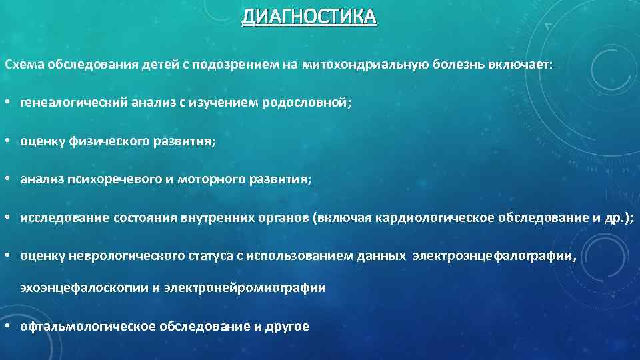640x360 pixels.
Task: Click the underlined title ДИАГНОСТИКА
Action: click(309, 17)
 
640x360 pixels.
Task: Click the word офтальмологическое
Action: click(88, 326)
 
